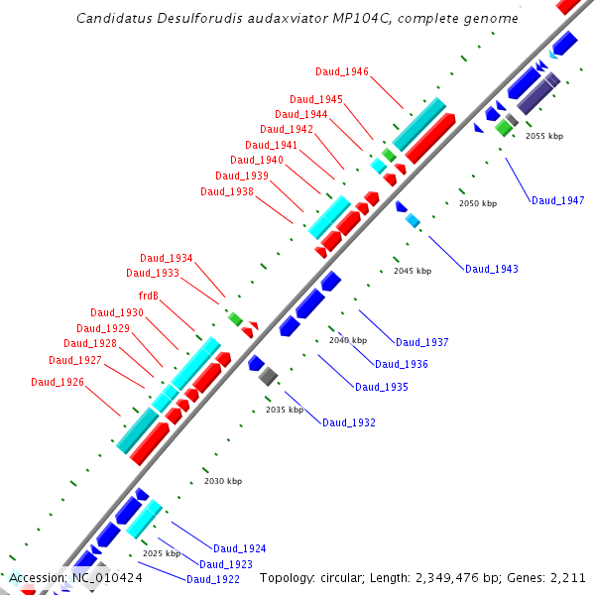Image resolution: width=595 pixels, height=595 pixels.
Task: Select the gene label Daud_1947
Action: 557,200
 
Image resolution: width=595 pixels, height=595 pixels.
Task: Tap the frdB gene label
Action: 149,296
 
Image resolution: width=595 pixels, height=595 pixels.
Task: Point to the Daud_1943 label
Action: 491,269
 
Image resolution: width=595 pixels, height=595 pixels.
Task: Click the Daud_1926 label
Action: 57,382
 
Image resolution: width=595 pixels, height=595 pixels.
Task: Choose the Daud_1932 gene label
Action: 348,422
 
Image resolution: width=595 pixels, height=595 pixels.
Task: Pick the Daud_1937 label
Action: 421,342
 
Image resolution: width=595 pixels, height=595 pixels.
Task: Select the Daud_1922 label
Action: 212,579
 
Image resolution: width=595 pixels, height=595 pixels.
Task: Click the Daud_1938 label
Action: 226,191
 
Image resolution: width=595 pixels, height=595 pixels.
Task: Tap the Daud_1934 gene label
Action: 166,258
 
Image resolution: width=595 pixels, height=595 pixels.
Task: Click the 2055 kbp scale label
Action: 543,136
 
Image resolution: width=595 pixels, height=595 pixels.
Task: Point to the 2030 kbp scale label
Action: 222,481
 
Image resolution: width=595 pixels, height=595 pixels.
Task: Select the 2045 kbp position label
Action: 412,271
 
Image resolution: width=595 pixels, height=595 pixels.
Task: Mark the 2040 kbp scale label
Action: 347,340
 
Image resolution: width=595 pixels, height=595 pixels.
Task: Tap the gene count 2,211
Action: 566,577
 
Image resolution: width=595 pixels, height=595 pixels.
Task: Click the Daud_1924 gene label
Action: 239,548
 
